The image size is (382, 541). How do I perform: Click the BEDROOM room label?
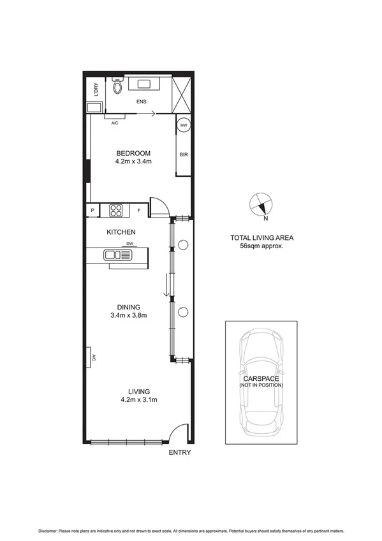[x=133, y=153]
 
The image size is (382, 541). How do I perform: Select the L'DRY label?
[x=95, y=89]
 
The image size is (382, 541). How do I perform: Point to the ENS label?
[x=140, y=101]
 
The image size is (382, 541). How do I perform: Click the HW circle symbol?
[x=184, y=126]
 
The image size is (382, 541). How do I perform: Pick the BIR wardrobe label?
[x=184, y=154]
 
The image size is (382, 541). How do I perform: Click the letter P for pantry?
[x=92, y=210]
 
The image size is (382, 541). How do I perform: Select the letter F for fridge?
[x=138, y=210]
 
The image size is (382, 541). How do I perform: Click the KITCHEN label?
[x=121, y=232]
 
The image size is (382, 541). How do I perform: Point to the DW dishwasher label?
[x=129, y=243]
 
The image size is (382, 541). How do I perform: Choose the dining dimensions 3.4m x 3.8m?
[x=129, y=315]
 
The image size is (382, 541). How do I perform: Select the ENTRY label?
[x=179, y=453]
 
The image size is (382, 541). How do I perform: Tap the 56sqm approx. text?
[x=261, y=246]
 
